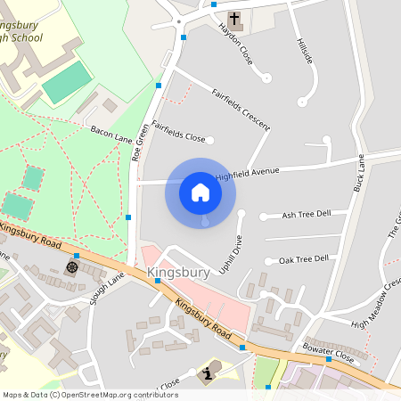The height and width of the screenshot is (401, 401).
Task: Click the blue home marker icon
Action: (200, 192)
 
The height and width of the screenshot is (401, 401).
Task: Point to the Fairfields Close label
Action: (178, 132)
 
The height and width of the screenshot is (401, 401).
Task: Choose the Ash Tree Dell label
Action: (306, 215)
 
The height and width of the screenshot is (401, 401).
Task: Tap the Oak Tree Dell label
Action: (303, 259)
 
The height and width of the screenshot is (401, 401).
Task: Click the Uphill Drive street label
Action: (231, 254)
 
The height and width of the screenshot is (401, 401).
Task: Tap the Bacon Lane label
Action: (110, 135)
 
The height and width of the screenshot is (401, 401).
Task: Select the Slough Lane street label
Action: (107, 290)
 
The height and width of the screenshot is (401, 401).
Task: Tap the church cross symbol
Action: (234, 19)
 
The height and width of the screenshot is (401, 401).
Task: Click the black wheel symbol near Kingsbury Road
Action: (72, 266)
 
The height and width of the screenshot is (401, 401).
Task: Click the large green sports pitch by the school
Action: (67, 82)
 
